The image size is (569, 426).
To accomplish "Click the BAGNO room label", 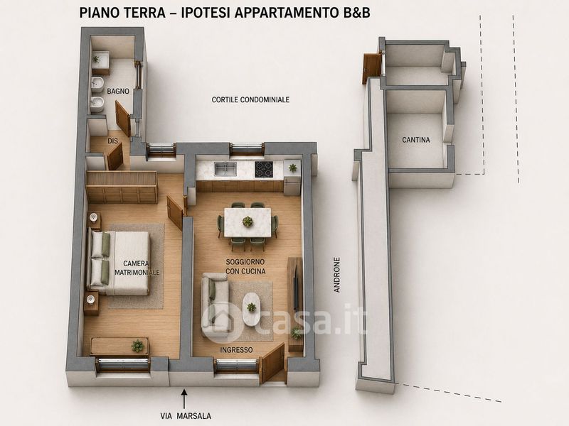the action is pos(118,92).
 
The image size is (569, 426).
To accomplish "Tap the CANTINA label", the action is pos(416,139).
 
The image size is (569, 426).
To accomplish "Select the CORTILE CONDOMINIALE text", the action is pos(250,99).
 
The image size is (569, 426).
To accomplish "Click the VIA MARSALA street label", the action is pos(186,416).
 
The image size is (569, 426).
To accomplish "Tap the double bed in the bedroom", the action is pos(119,263).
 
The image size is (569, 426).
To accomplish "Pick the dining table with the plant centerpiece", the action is pos(248,222).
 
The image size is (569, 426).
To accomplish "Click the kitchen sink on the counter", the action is pos(225,169).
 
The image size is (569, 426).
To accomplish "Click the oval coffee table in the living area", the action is pos(251,309).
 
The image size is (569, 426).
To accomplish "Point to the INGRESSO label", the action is pos(236,350).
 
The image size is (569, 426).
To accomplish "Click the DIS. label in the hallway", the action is pos(113,141).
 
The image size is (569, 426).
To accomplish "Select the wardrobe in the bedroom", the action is pos(122,187).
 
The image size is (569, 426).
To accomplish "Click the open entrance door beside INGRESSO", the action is pos(272,364).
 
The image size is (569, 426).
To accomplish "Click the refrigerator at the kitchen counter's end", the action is pos(292,177).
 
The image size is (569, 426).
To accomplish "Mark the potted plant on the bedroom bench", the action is pos(137,346).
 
